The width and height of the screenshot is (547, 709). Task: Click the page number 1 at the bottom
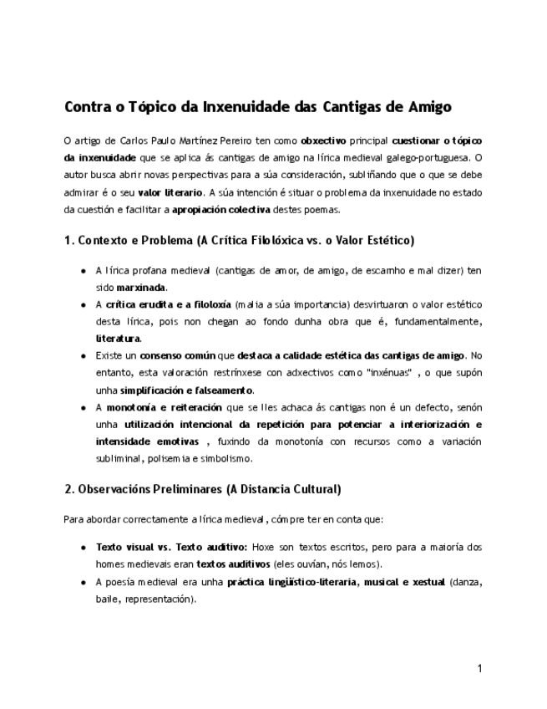click(480, 668)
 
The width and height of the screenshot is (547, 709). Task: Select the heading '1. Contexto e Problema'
click(238, 241)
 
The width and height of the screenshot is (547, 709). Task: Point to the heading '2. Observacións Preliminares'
click(202, 488)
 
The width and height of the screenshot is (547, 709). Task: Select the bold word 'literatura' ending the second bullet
click(119, 339)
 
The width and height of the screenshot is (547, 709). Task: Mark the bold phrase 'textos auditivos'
click(233, 564)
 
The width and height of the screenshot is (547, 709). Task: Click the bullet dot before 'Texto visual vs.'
click(84, 548)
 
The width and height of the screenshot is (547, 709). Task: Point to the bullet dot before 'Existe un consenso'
click(84, 356)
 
